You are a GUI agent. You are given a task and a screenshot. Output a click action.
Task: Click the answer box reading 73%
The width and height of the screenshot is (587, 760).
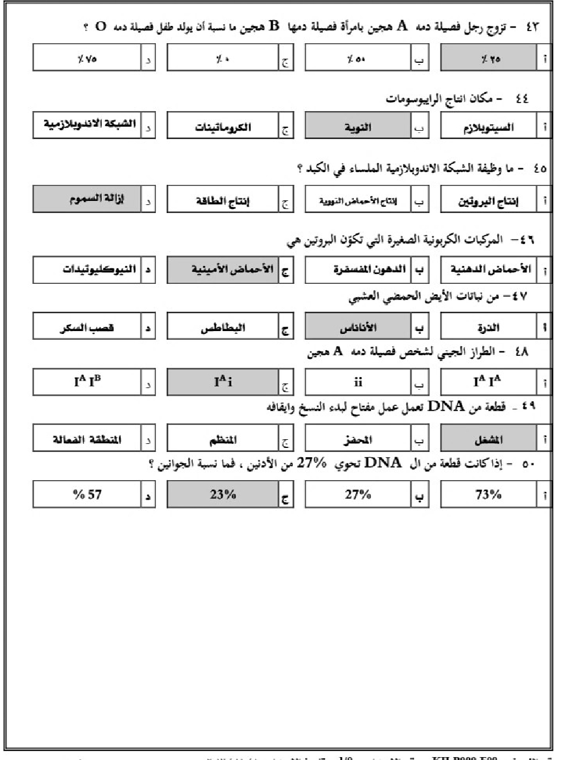click(488, 494)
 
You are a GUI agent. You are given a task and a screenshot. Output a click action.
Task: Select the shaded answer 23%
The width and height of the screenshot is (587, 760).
click(223, 494)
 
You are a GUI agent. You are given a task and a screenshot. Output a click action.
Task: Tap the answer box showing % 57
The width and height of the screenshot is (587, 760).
click(87, 494)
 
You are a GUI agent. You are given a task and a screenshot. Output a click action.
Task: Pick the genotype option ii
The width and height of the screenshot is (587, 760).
click(357, 382)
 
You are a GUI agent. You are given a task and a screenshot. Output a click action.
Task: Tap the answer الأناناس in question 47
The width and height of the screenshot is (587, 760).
click(357, 328)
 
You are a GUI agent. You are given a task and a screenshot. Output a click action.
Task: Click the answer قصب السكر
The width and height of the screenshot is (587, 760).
click(87, 328)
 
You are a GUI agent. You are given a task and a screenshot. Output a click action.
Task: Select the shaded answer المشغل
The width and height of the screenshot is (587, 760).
click(488, 440)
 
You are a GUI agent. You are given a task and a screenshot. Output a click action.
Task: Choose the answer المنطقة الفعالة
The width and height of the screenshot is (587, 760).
click(87, 440)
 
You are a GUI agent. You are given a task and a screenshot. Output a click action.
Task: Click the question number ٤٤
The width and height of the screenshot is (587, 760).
click(521, 99)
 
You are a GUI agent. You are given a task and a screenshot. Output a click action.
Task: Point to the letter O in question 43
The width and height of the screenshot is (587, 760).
click(101, 26)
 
